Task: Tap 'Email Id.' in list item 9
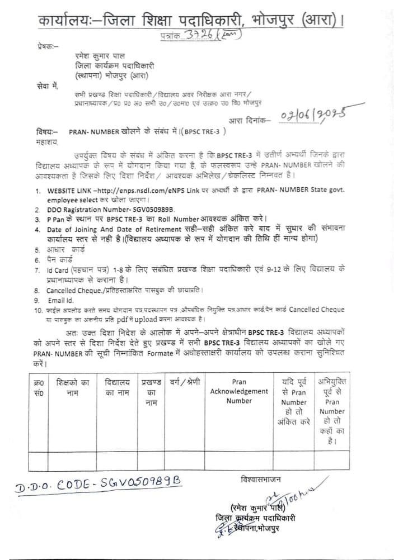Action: [x=61, y=300]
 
